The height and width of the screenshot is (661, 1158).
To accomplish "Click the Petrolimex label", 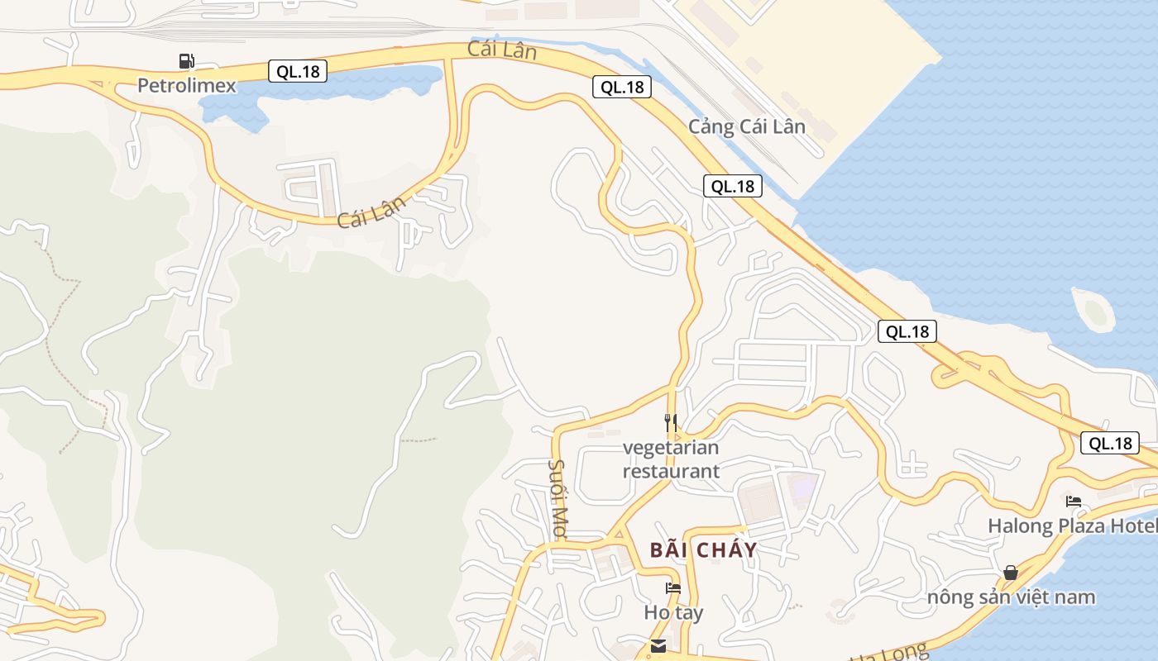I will pyautogui.click(x=186, y=85).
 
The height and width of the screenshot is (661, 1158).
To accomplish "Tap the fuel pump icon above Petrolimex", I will pyautogui.click(x=186, y=60).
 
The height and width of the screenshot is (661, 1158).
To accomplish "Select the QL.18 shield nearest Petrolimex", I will pyautogui.click(x=298, y=71).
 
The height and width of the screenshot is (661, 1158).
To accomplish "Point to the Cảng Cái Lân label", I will pyautogui.click(x=747, y=126).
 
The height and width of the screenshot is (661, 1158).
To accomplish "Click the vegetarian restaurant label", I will pyautogui.click(x=671, y=459).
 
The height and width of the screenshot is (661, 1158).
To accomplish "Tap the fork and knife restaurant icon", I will pyautogui.click(x=671, y=422).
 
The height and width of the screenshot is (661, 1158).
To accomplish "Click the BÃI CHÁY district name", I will pyautogui.click(x=703, y=550).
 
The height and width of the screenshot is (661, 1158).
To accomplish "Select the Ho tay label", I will pyautogui.click(x=673, y=613).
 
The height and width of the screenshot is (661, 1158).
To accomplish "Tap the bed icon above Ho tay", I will pyautogui.click(x=673, y=588).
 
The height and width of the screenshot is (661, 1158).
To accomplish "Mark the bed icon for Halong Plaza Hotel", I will pyautogui.click(x=1074, y=501).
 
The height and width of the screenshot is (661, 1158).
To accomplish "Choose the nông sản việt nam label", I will pyautogui.click(x=1011, y=597).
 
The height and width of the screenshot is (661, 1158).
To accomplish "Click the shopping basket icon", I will pyautogui.click(x=1010, y=572).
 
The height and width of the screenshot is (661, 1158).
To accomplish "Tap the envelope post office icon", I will pyautogui.click(x=658, y=646).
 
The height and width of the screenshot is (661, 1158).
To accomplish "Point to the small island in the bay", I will pyautogui.click(x=1094, y=311).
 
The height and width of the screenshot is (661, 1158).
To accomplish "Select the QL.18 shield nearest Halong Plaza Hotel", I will pyautogui.click(x=1110, y=443).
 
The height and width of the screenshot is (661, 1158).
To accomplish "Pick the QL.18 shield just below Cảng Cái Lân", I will pyautogui.click(x=733, y=186).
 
